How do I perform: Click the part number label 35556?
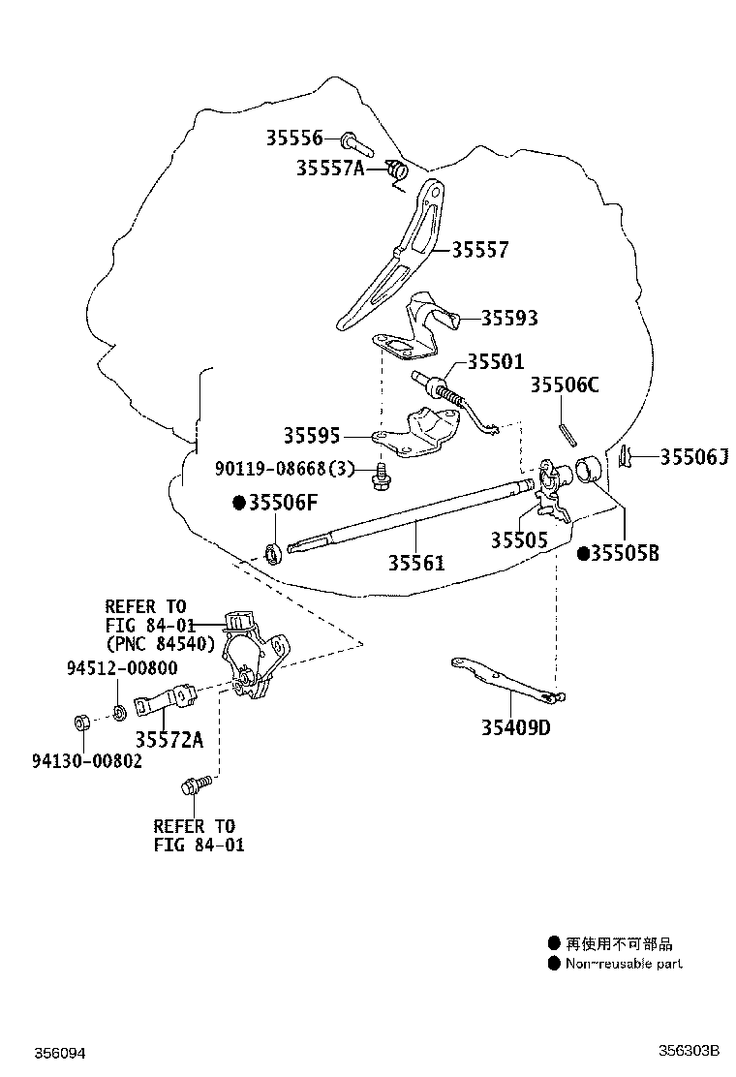tap(293, 138)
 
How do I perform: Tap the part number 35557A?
tap(330, 168)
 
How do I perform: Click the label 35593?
tap(508, 318)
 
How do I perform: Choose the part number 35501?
tap(496, 361)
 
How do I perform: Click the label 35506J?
tap(694, 457)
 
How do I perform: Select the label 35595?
tap(312, 435)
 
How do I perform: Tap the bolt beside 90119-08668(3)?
tap(379, 476)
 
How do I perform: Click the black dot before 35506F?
tap(239, 503)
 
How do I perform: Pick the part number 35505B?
tap(625, 553)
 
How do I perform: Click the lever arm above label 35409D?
tap(508, 681)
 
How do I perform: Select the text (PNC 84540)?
tap(160, 644)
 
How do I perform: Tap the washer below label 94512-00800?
tap(119, 712)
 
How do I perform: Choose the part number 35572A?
tap(169, 739)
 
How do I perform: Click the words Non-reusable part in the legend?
tap(624, 964)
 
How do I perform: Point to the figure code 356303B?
tap(689, 1050)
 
